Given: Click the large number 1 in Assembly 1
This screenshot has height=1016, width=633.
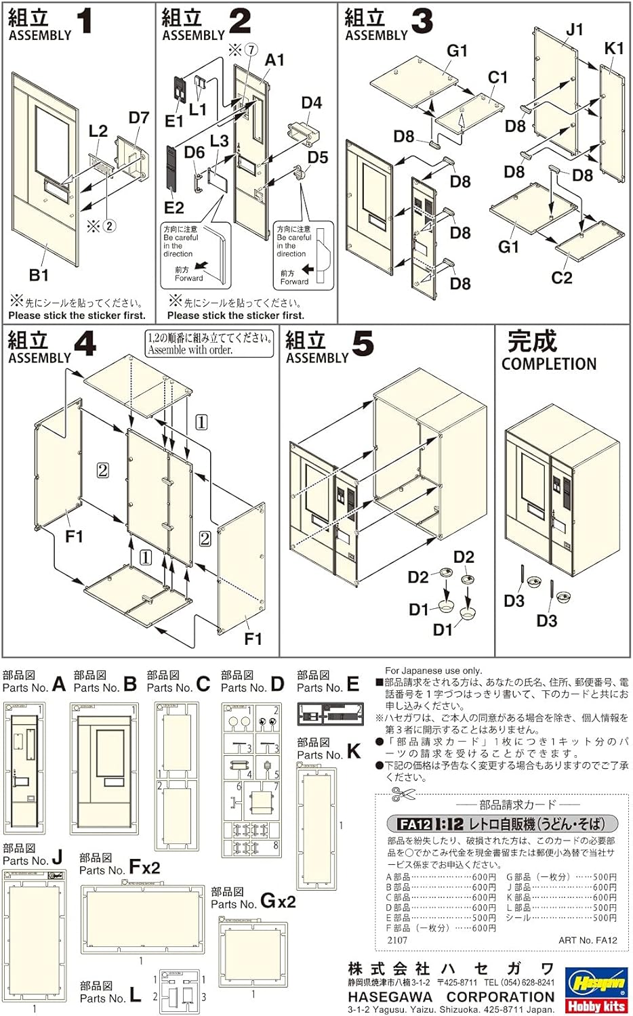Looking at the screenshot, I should pyautogui.click(x=85, y=22).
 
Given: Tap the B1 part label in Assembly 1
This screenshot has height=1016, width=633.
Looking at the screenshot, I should pyautogui.click(x=39, y=275).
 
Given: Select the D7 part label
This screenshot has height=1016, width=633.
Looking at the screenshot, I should pyautogui.click(x=138, y=118).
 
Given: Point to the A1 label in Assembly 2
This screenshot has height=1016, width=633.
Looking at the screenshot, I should pyautogui.click(x=274, y=60).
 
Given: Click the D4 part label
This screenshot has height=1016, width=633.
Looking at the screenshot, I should pyautogui.click(x=311, y=103).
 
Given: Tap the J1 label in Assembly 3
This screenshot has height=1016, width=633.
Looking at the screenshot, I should pyautogui.click(x=574, y=30).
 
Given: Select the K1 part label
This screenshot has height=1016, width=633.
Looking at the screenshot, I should pyautogui.click(x=613, y=48).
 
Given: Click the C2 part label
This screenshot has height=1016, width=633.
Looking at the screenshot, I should pyautogui.click(x=561, y=277).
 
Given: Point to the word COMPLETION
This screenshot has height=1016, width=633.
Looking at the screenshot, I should pyautogui.click(x=548, y=364).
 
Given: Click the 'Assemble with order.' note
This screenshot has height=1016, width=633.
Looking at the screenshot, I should pyautogui.click(x=190, y=350).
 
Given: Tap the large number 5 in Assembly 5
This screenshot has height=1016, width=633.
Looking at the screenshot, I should pyautogui.click(x=363, y=345).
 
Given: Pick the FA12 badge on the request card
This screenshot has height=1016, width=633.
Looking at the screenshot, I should pyautogui.click(x=413, y=824).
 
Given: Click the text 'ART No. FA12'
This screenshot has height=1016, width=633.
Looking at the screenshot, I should pyautogui.click(x=588, y=940).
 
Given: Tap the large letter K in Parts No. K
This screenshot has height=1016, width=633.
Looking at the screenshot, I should pyautogui.click(x=354, y=751).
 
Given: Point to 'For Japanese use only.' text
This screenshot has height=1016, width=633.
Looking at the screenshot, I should pyautogui.click(x=433, y=671).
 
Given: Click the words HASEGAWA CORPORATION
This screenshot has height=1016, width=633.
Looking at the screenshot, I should pyautogui.click(x=451, y=997).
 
